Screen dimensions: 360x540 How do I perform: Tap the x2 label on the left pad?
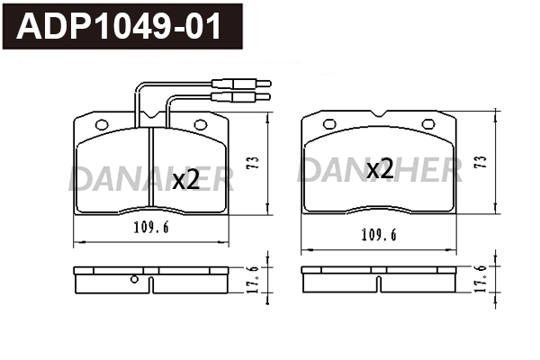[x=184, y=179]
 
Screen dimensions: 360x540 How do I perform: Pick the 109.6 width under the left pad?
[x=150, y=228]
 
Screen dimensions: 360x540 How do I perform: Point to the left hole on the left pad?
[x=101, y=125]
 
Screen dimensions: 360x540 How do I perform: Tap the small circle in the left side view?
[x=134, y=278]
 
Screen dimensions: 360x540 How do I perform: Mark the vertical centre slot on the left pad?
[x=150, y=171]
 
